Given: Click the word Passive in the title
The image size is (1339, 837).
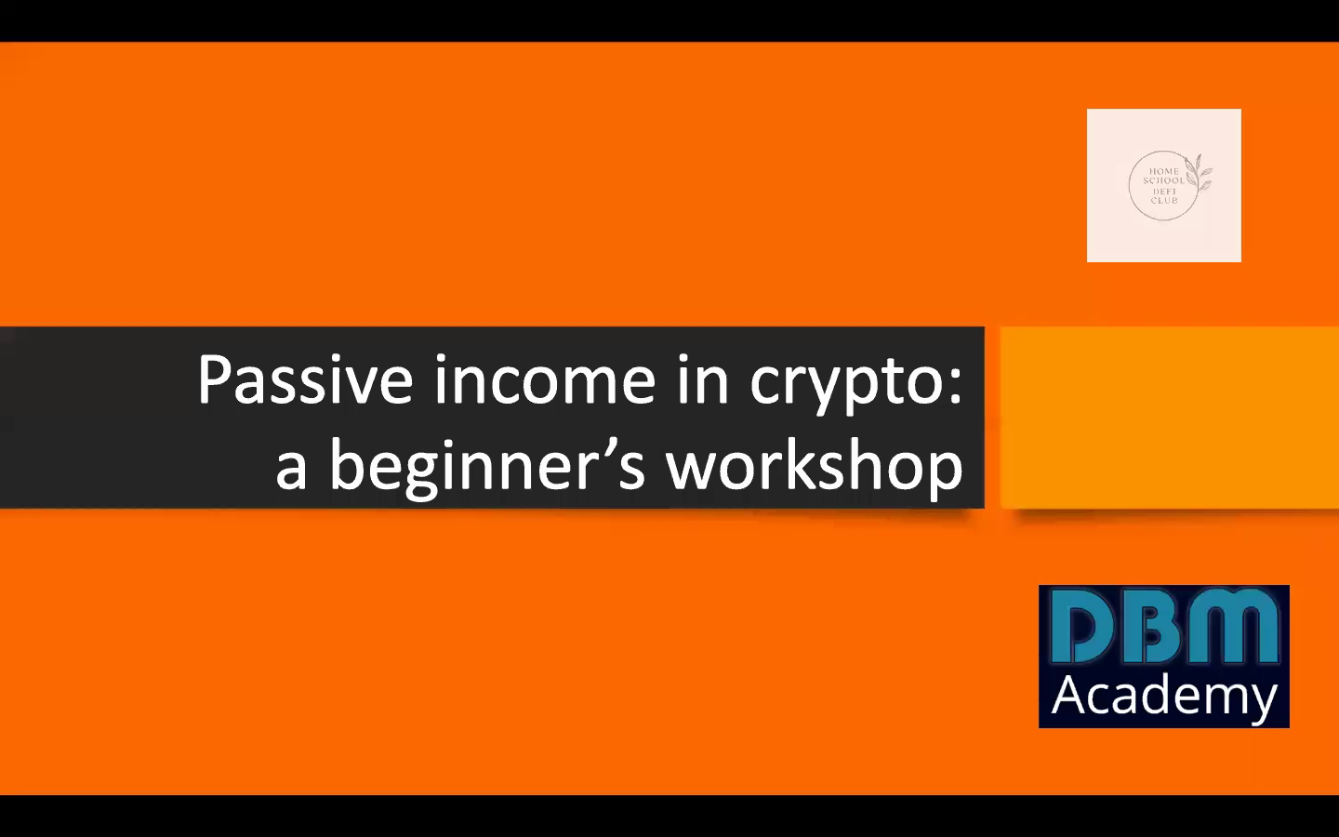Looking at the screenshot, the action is coord(305,380).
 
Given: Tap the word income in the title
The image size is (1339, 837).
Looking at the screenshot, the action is coord(544,380).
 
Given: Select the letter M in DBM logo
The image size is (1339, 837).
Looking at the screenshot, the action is coord(1233,628).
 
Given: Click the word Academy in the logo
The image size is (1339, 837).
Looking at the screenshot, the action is coord(1164,697).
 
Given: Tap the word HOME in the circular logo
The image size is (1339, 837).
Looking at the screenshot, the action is coord(1164,171).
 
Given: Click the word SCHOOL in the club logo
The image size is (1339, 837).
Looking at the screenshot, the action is coord(1163,180).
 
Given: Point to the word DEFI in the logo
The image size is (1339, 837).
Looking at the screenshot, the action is coord(1163,192).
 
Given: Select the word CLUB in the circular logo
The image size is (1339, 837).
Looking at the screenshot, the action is coord(1163,201).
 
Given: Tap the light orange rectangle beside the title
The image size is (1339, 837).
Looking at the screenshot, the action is coord(1169,418).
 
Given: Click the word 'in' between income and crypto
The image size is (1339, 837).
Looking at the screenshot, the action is coord(702,380).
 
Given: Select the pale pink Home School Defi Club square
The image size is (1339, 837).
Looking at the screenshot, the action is coord(1164,185).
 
